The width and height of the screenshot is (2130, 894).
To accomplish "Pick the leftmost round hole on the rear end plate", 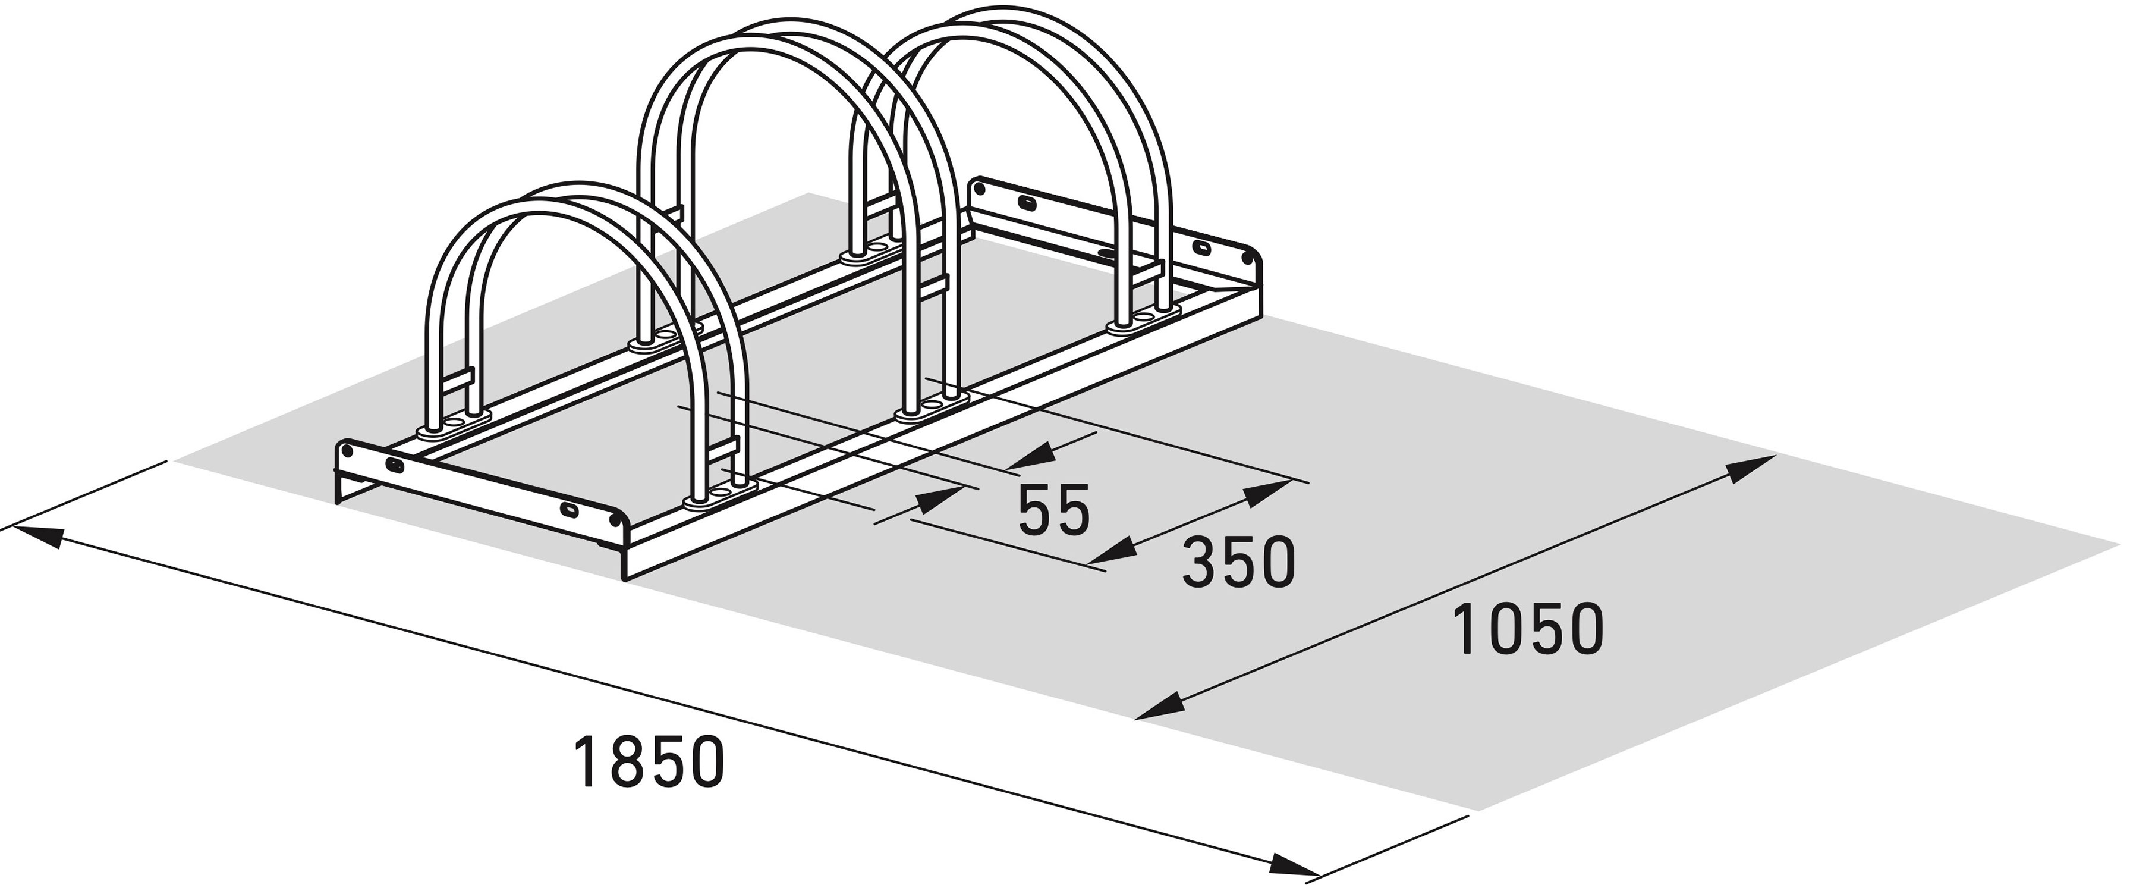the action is click(x=981, y=189).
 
